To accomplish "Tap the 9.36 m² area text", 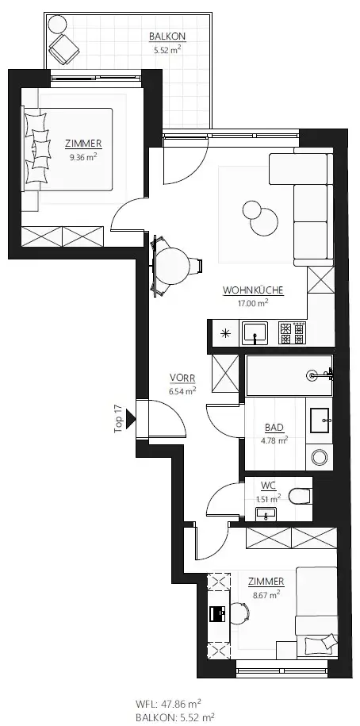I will tap(84, 156).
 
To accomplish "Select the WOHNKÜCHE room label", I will tap(253, 290).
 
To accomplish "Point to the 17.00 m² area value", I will tap(253, 302).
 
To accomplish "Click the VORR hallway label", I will tap(182, 378).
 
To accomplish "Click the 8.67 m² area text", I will tap(266, 593).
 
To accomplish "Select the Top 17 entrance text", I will tap(117, 417).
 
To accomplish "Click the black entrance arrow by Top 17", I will tap(131, 416).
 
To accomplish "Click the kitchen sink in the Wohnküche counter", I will tap(255, 332).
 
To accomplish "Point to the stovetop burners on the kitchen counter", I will tap(294, 332).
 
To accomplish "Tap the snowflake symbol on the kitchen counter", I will tap(225, 332).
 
